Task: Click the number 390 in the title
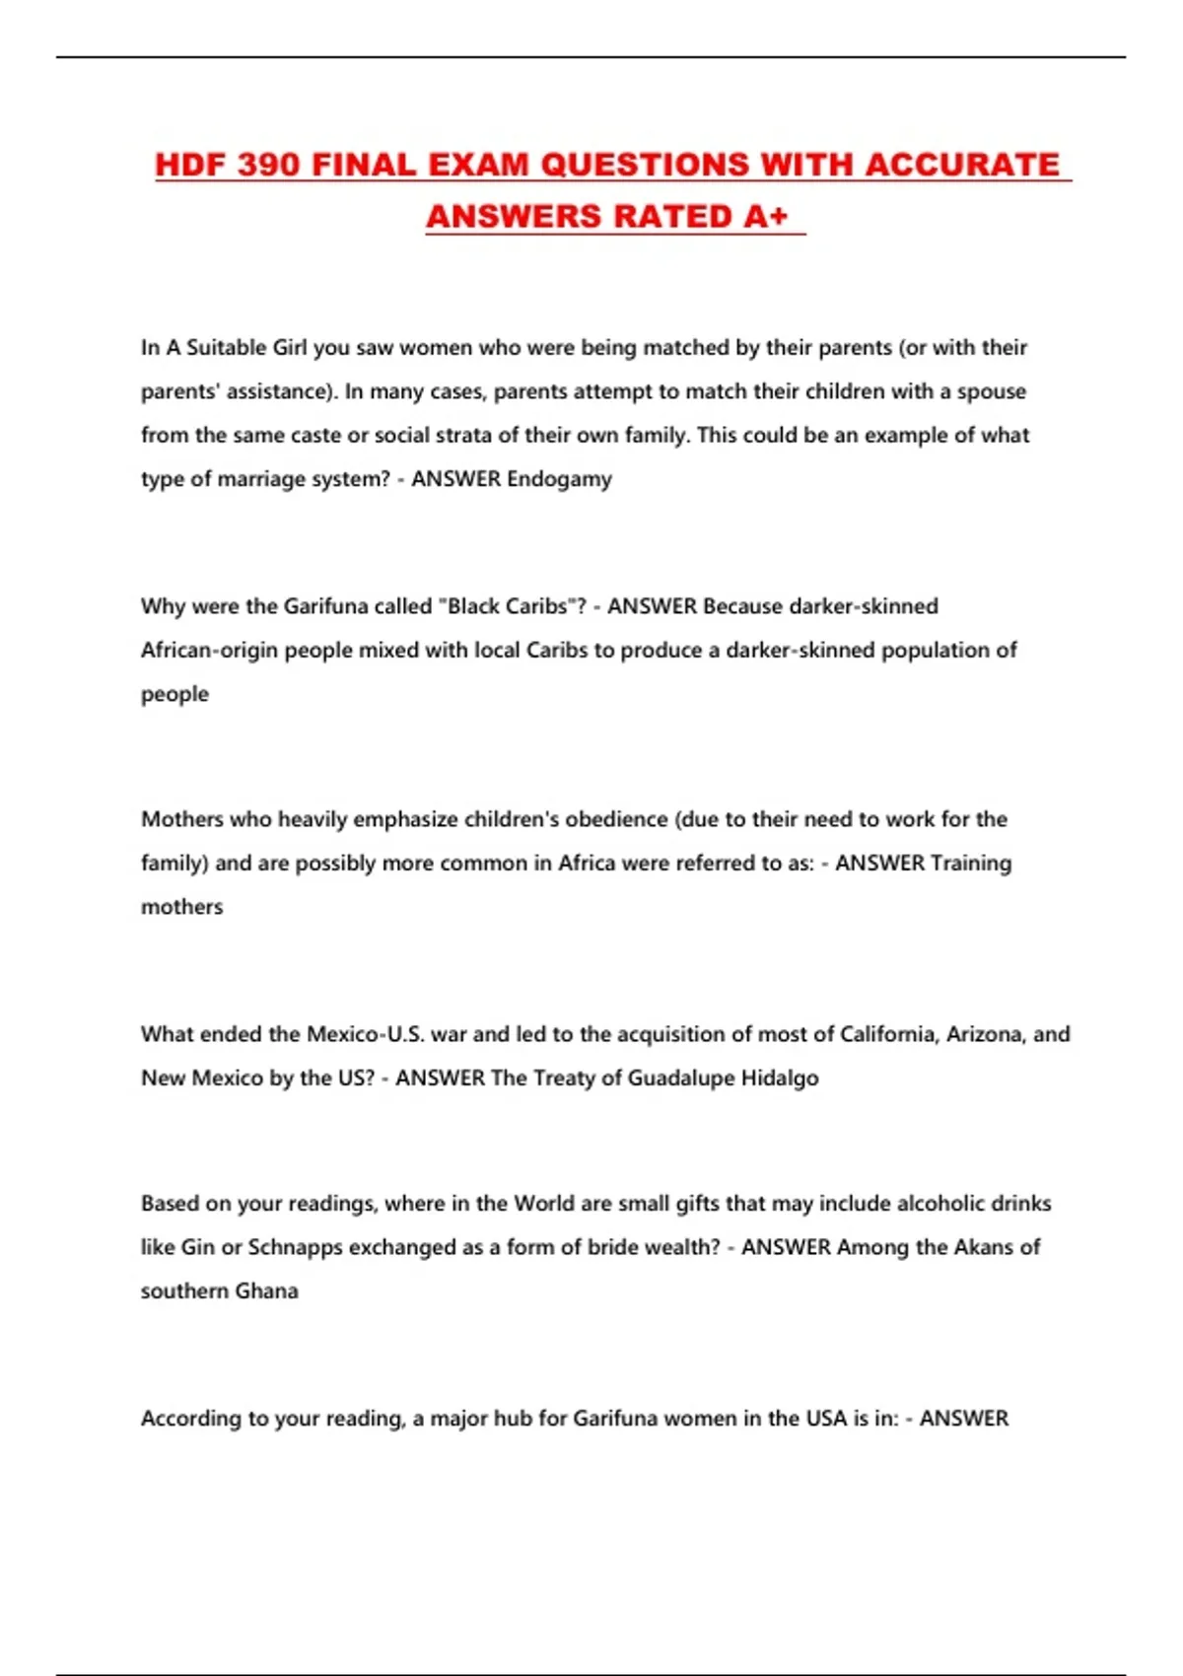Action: (267, 164)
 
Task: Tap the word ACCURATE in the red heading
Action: (961, 164)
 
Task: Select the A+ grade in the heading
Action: (766, 216)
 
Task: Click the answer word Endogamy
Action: (559, 479)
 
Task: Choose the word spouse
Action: (991, 391)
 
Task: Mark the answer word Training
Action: (971, 864)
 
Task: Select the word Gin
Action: (197, 1247)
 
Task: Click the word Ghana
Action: (266, 1292)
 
